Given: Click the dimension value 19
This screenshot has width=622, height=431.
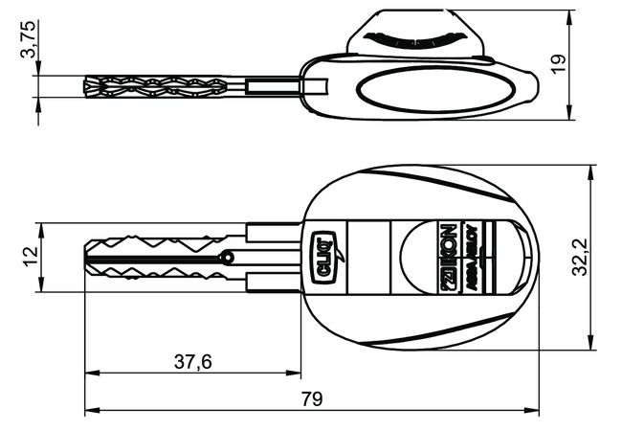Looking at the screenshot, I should pyautogui.click(x=560, y=62).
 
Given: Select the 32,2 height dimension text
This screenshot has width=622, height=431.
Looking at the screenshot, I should pyautogui.click(x=579, y=258).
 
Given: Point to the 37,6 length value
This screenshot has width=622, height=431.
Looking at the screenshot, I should pyautogui.click(x=192, y=361).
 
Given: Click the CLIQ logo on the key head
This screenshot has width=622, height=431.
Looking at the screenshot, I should pyautogui.click(x=323, y=258).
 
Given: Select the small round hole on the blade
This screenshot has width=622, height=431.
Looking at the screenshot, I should pyautogui.click(x=226, y=257).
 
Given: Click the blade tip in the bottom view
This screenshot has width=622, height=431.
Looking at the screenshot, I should pyautogui.click(x=87, y=257).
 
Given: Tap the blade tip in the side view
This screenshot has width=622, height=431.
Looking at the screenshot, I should pyautogui.click(x=86, y=86).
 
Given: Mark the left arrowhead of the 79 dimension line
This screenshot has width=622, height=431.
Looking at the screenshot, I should pyautogui.click(x=90, y=412).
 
